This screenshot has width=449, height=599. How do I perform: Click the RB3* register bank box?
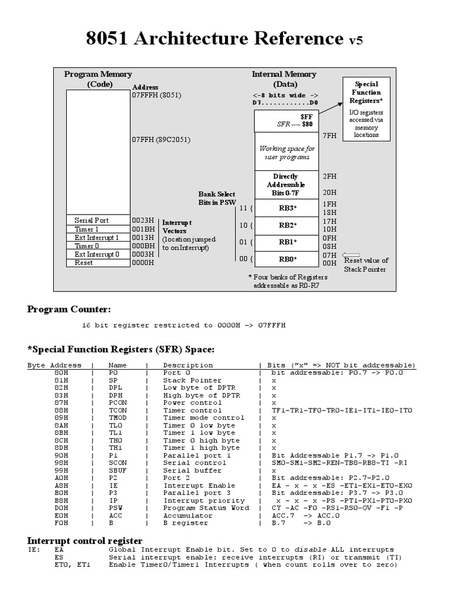[286, 208]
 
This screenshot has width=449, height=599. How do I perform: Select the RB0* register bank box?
[286, 259]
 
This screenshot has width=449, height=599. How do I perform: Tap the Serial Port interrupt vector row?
[97, 221]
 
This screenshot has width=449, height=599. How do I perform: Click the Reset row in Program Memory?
[97, 263]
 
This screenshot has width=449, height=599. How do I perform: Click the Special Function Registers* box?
[365, 109]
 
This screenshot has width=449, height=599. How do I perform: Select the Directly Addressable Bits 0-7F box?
[286, 184]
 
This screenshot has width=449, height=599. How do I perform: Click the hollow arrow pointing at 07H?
[352, 255]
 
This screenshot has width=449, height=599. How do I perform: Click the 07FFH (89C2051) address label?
[161, 140]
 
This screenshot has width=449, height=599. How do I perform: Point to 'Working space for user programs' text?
[286, 153]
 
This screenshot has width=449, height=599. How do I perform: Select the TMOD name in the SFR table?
[119, 418]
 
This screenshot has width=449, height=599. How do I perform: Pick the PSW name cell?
[115, 508]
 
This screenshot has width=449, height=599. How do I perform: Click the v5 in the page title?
[356, 40]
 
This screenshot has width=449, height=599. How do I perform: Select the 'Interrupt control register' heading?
[85, 540]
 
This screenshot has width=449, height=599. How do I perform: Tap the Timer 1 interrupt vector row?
[97, 229]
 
